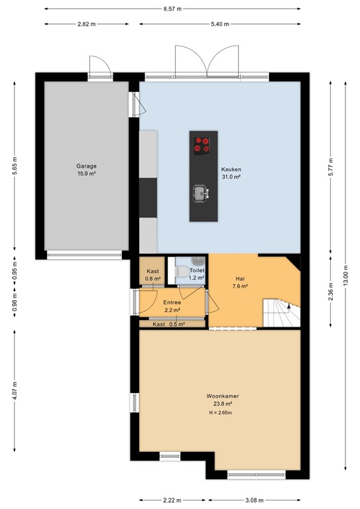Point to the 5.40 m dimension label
click(219, 24)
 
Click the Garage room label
click(86, 166)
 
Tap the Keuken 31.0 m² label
click(230, 173)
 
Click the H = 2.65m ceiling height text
click(221, 413)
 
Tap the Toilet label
click(196, 271)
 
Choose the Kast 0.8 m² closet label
click(152, 274)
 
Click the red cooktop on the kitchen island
click(203, 144)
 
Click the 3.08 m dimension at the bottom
click(255, 500)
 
